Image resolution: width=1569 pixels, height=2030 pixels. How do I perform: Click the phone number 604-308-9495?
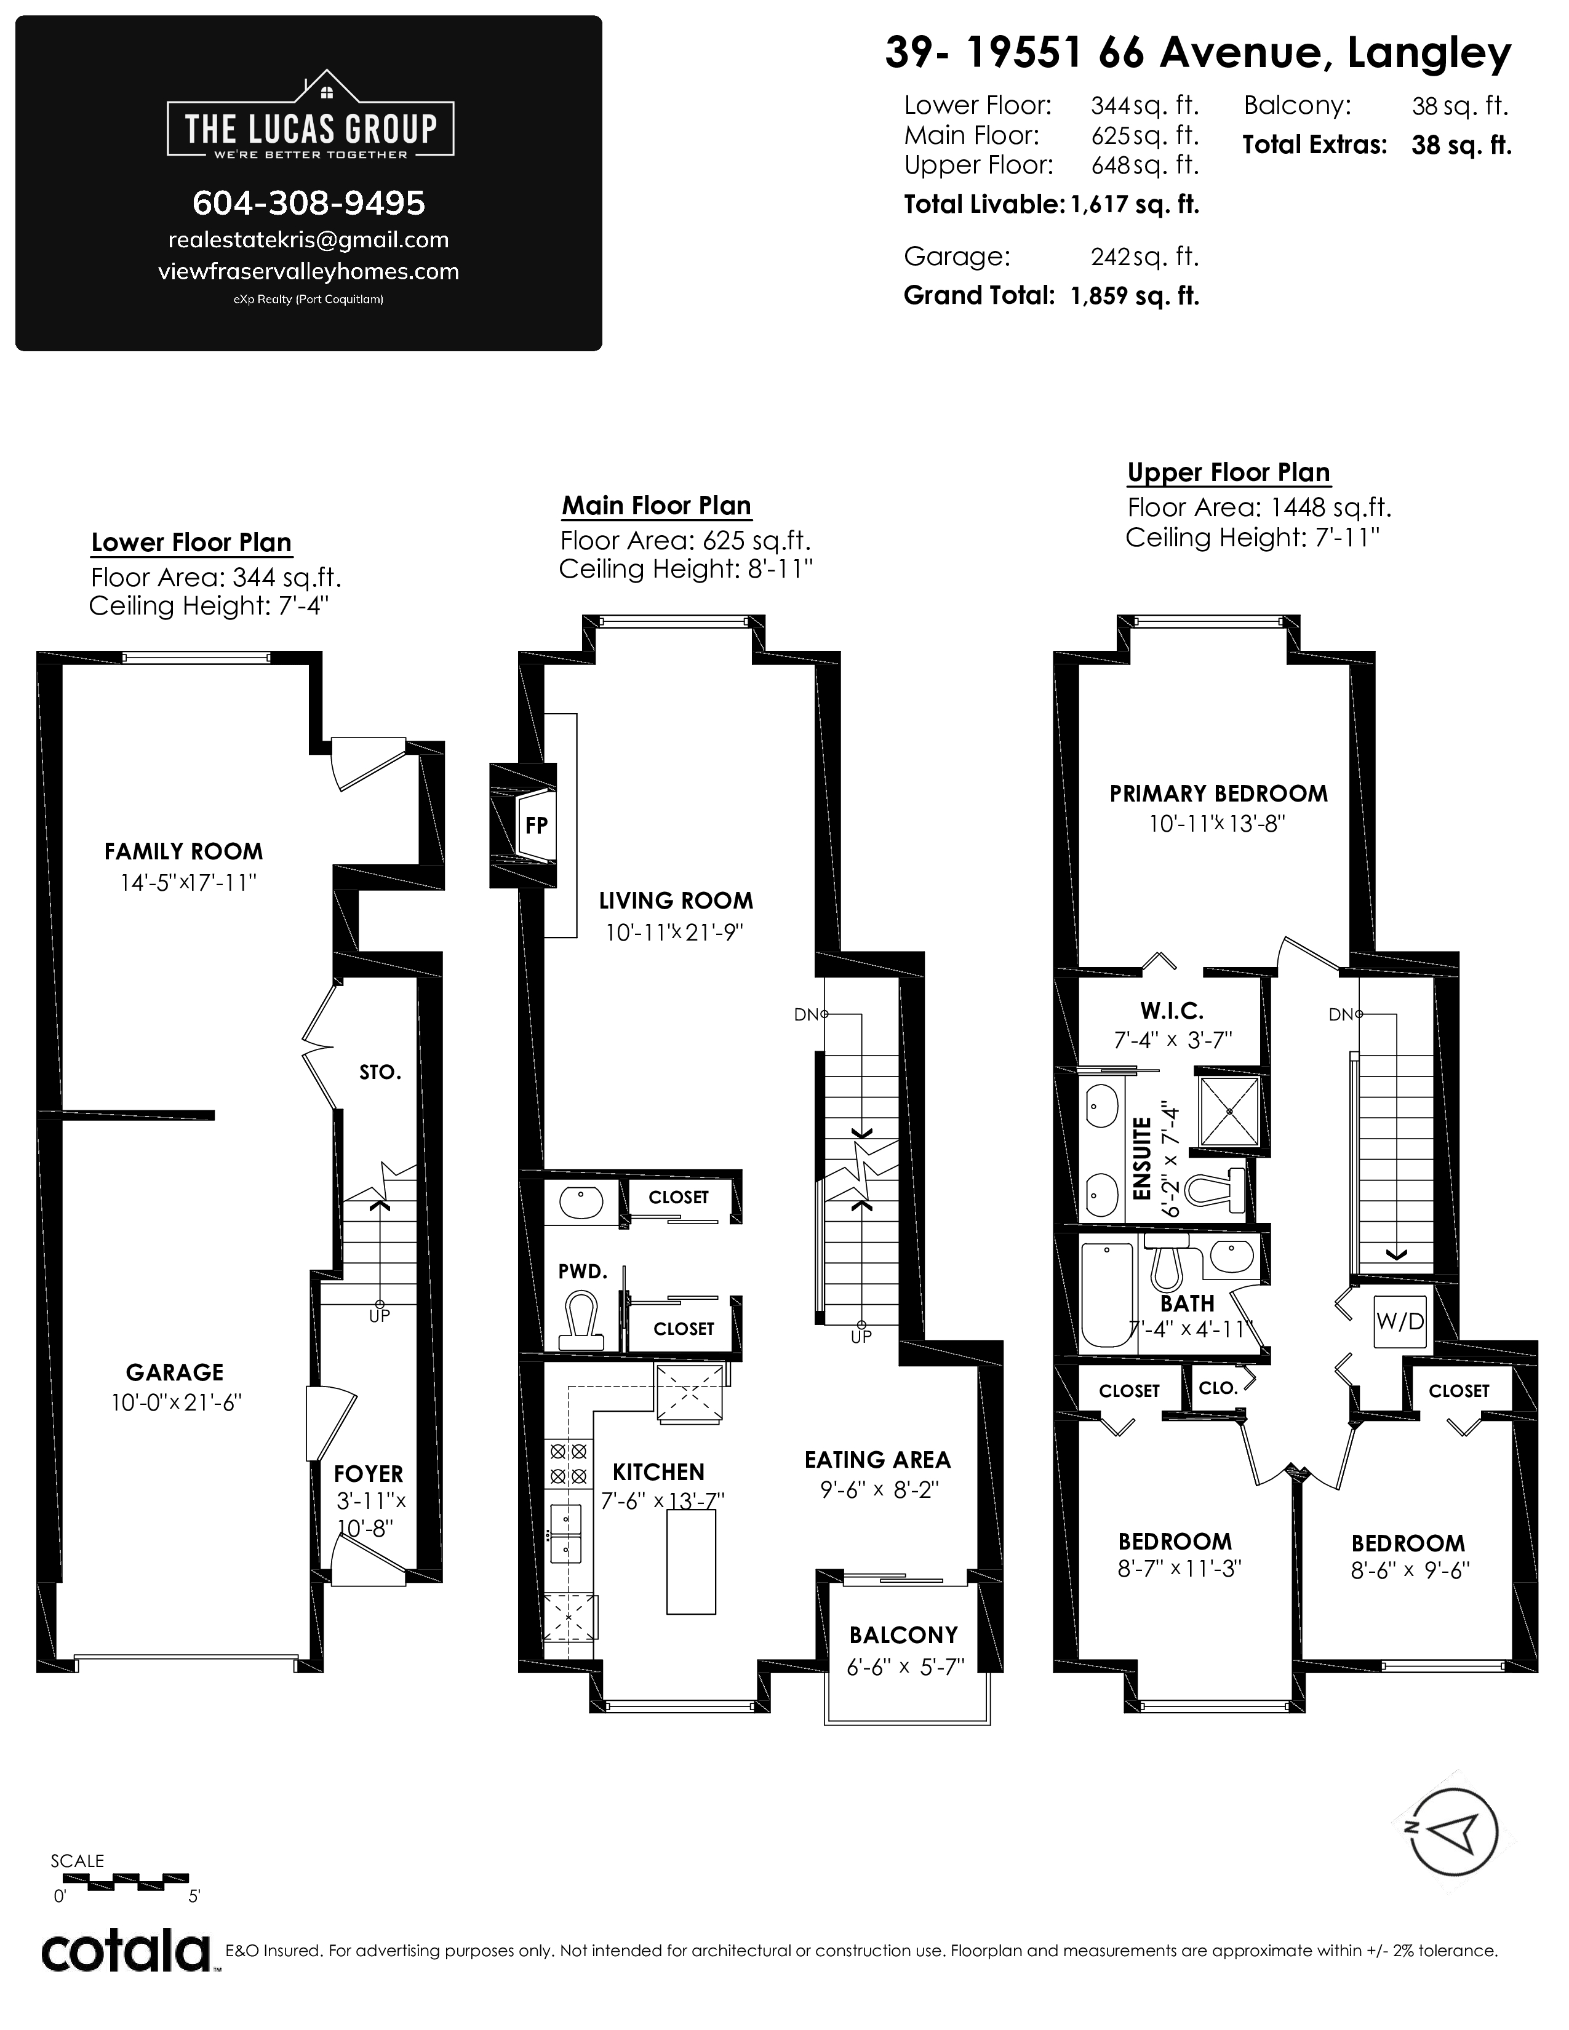309,202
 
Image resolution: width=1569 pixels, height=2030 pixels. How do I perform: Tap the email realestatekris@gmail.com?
309,240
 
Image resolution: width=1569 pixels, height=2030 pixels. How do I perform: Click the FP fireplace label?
537,824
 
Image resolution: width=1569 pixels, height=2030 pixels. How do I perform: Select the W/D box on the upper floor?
1400,1321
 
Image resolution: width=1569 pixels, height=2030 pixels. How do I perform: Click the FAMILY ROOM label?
183,851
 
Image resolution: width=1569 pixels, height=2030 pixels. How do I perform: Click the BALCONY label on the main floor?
903,1635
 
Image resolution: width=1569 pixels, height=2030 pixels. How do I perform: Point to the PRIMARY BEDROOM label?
1218,794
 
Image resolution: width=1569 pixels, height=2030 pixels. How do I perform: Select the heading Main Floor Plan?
657,506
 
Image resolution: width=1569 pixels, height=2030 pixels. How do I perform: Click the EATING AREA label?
877,1460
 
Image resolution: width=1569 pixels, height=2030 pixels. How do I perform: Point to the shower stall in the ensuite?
1229,1112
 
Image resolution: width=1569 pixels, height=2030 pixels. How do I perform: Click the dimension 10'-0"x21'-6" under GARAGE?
177,1403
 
